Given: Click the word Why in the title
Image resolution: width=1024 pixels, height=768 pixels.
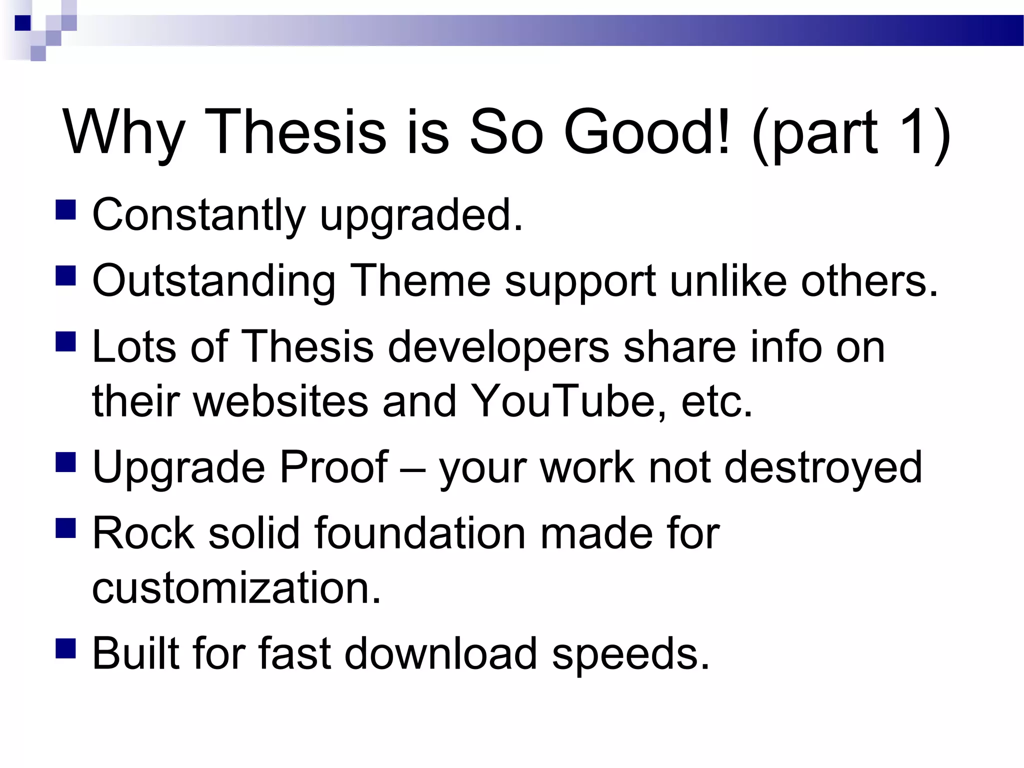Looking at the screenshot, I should tap(123, 133).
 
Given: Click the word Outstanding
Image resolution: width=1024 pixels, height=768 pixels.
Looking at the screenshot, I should tap(214, 281).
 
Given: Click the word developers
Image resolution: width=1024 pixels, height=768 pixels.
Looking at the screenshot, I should tap(498, 347).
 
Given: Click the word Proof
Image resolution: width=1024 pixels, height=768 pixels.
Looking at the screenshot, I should tap(333, 467).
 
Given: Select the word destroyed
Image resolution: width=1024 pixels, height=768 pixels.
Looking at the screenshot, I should tap(823, 467).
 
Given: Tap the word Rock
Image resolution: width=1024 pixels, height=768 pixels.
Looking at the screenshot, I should tap(143, 533).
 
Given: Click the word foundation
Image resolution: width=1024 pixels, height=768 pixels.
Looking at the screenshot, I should tap(420, 533).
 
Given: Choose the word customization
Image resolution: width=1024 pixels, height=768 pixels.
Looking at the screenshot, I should tap(236, 588).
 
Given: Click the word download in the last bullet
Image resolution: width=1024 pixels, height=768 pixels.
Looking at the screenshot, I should tap(440, 653).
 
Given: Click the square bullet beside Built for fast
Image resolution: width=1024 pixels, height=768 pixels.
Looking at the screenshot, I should tap(65, 648).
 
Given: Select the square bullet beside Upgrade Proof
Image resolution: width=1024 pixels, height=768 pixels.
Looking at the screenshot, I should tap(65, 462).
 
